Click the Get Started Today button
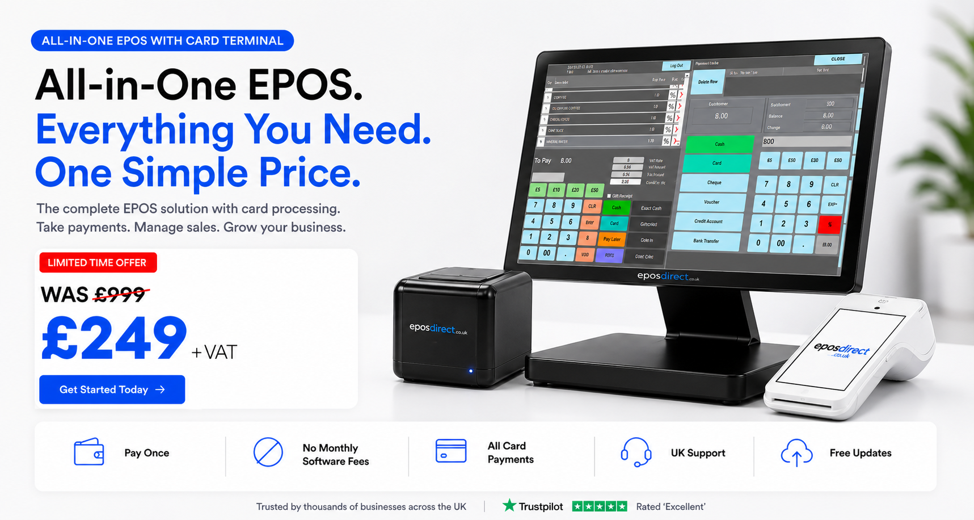112,389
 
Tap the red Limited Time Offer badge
98,263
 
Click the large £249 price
114,338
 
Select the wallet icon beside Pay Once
89,452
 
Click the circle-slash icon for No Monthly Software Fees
268,452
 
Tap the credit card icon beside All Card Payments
451,451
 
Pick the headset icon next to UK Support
635,452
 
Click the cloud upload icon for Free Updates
796,452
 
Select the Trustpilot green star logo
509,505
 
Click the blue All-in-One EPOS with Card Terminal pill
162,41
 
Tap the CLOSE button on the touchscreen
838,59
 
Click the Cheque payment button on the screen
714,183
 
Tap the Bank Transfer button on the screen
706,241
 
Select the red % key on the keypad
829,224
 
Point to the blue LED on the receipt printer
470,371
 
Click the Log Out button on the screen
676,66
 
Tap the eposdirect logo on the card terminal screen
841,349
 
